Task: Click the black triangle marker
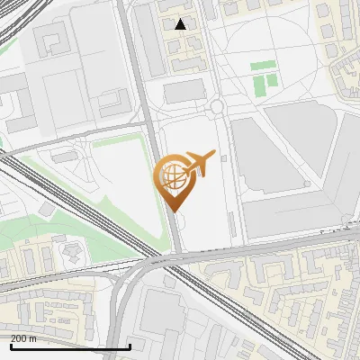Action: (181, 24)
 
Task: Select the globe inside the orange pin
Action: (172, 175)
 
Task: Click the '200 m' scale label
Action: (24, 338)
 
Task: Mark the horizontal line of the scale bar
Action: (70, 346)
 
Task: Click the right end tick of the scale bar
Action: (130, 346)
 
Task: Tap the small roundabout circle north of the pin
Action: (216, 108)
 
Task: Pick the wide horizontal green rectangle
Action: (263, 66)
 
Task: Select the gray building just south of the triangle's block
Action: (184, 91)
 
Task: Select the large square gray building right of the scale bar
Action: (162, 315)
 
